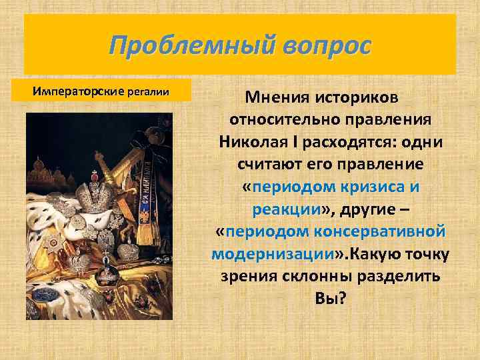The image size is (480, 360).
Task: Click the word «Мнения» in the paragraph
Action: click(277, 99)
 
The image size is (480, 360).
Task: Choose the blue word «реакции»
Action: click(287, 209)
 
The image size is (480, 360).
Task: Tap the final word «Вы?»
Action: click(331, 297)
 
